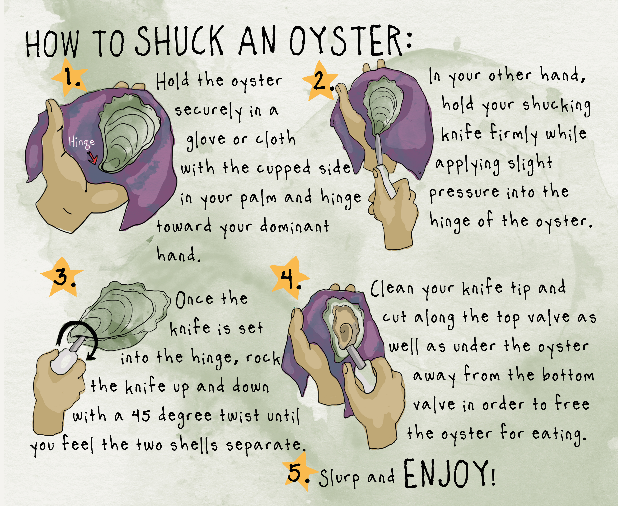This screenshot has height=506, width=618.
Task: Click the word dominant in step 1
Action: point(294,226)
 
